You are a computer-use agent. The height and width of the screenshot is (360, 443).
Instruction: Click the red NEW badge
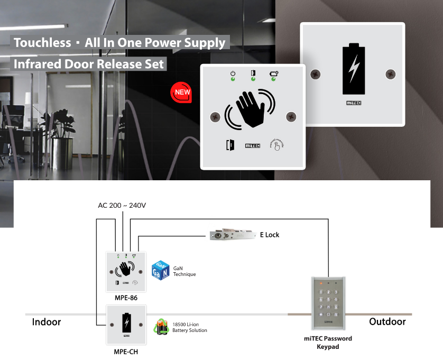point(180,93)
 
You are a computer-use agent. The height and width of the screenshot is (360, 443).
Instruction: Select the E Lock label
point(269,235)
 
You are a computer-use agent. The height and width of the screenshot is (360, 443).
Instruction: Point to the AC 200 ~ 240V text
point(123,205)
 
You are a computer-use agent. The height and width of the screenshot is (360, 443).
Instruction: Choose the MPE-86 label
point(126,298)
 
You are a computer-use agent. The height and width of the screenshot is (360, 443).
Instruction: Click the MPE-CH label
point(126,350)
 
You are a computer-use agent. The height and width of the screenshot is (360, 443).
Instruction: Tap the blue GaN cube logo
point(160,271)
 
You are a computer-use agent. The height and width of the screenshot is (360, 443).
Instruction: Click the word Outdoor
point(387,321)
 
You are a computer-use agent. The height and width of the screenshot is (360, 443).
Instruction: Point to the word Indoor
point(47,321)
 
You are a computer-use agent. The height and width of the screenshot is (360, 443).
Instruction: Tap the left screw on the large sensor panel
point(215,116)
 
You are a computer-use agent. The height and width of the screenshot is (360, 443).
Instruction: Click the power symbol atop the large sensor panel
point(233,73)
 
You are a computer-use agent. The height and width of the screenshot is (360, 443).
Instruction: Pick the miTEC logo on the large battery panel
point(354,103)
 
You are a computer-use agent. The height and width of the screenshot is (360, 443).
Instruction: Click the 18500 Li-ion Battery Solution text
point(189,327)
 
